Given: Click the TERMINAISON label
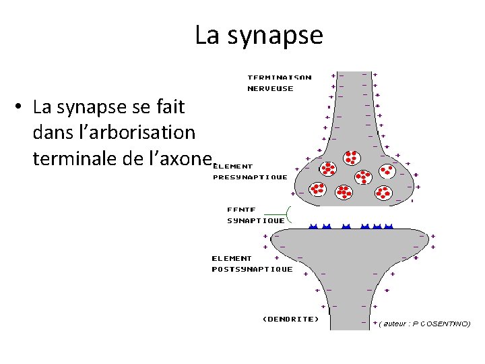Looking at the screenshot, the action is coord(280,77).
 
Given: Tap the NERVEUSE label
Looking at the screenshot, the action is coord(271,88).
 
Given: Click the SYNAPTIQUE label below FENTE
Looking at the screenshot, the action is coord(256,220).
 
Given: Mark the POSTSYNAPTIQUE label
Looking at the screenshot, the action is coord(253,269).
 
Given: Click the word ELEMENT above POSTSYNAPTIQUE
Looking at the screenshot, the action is coord(232,258).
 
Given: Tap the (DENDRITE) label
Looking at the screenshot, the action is coord(290,319).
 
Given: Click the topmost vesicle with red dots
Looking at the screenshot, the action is coord(351,157).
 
